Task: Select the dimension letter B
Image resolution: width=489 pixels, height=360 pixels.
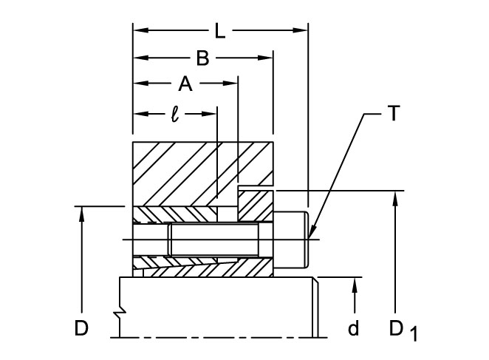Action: tap(202, 58)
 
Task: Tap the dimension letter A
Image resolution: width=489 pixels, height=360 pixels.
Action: tap(185, 84)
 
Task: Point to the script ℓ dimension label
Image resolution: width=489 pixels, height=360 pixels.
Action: tap(174, 115)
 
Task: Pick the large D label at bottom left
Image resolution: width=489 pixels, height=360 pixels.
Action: tap(82, 328)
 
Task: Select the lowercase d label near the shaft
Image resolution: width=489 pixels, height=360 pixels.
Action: tap(354, 328)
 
